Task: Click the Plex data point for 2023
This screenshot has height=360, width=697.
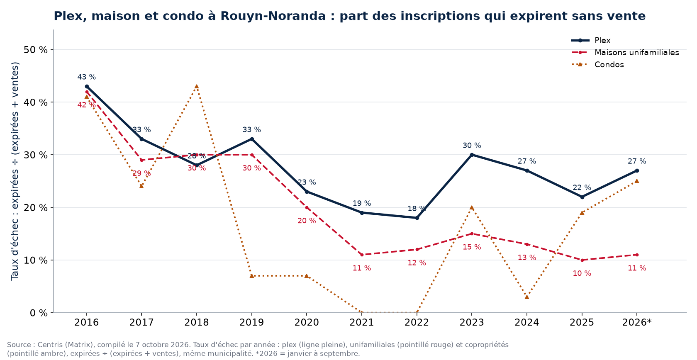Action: point(472,155)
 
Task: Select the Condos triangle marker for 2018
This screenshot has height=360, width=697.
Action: point(196,87)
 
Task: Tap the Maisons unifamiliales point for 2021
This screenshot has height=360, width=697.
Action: point(362,255)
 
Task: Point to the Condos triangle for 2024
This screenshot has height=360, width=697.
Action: point(527,297)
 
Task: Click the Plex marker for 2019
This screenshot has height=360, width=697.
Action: point(252,139)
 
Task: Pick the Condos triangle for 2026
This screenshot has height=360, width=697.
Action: point(636,181)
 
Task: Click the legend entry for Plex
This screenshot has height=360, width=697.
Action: point(591,41)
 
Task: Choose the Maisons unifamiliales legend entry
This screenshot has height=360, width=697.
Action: point(625,53)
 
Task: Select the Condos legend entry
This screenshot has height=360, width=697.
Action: point(597,65)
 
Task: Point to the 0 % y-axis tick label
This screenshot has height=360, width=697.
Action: point(39,313)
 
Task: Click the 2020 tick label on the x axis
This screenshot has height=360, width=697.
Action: point(307,322)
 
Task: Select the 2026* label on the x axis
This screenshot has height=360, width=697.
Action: point(636,322)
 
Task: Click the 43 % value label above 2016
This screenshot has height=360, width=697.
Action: point(86,77)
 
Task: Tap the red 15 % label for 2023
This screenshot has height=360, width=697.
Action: point(472,247)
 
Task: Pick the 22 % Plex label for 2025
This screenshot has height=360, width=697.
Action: point(582,187)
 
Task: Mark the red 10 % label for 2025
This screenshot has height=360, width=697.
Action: point(582,273)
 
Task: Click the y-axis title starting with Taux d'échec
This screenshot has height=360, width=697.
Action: point(15,171)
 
